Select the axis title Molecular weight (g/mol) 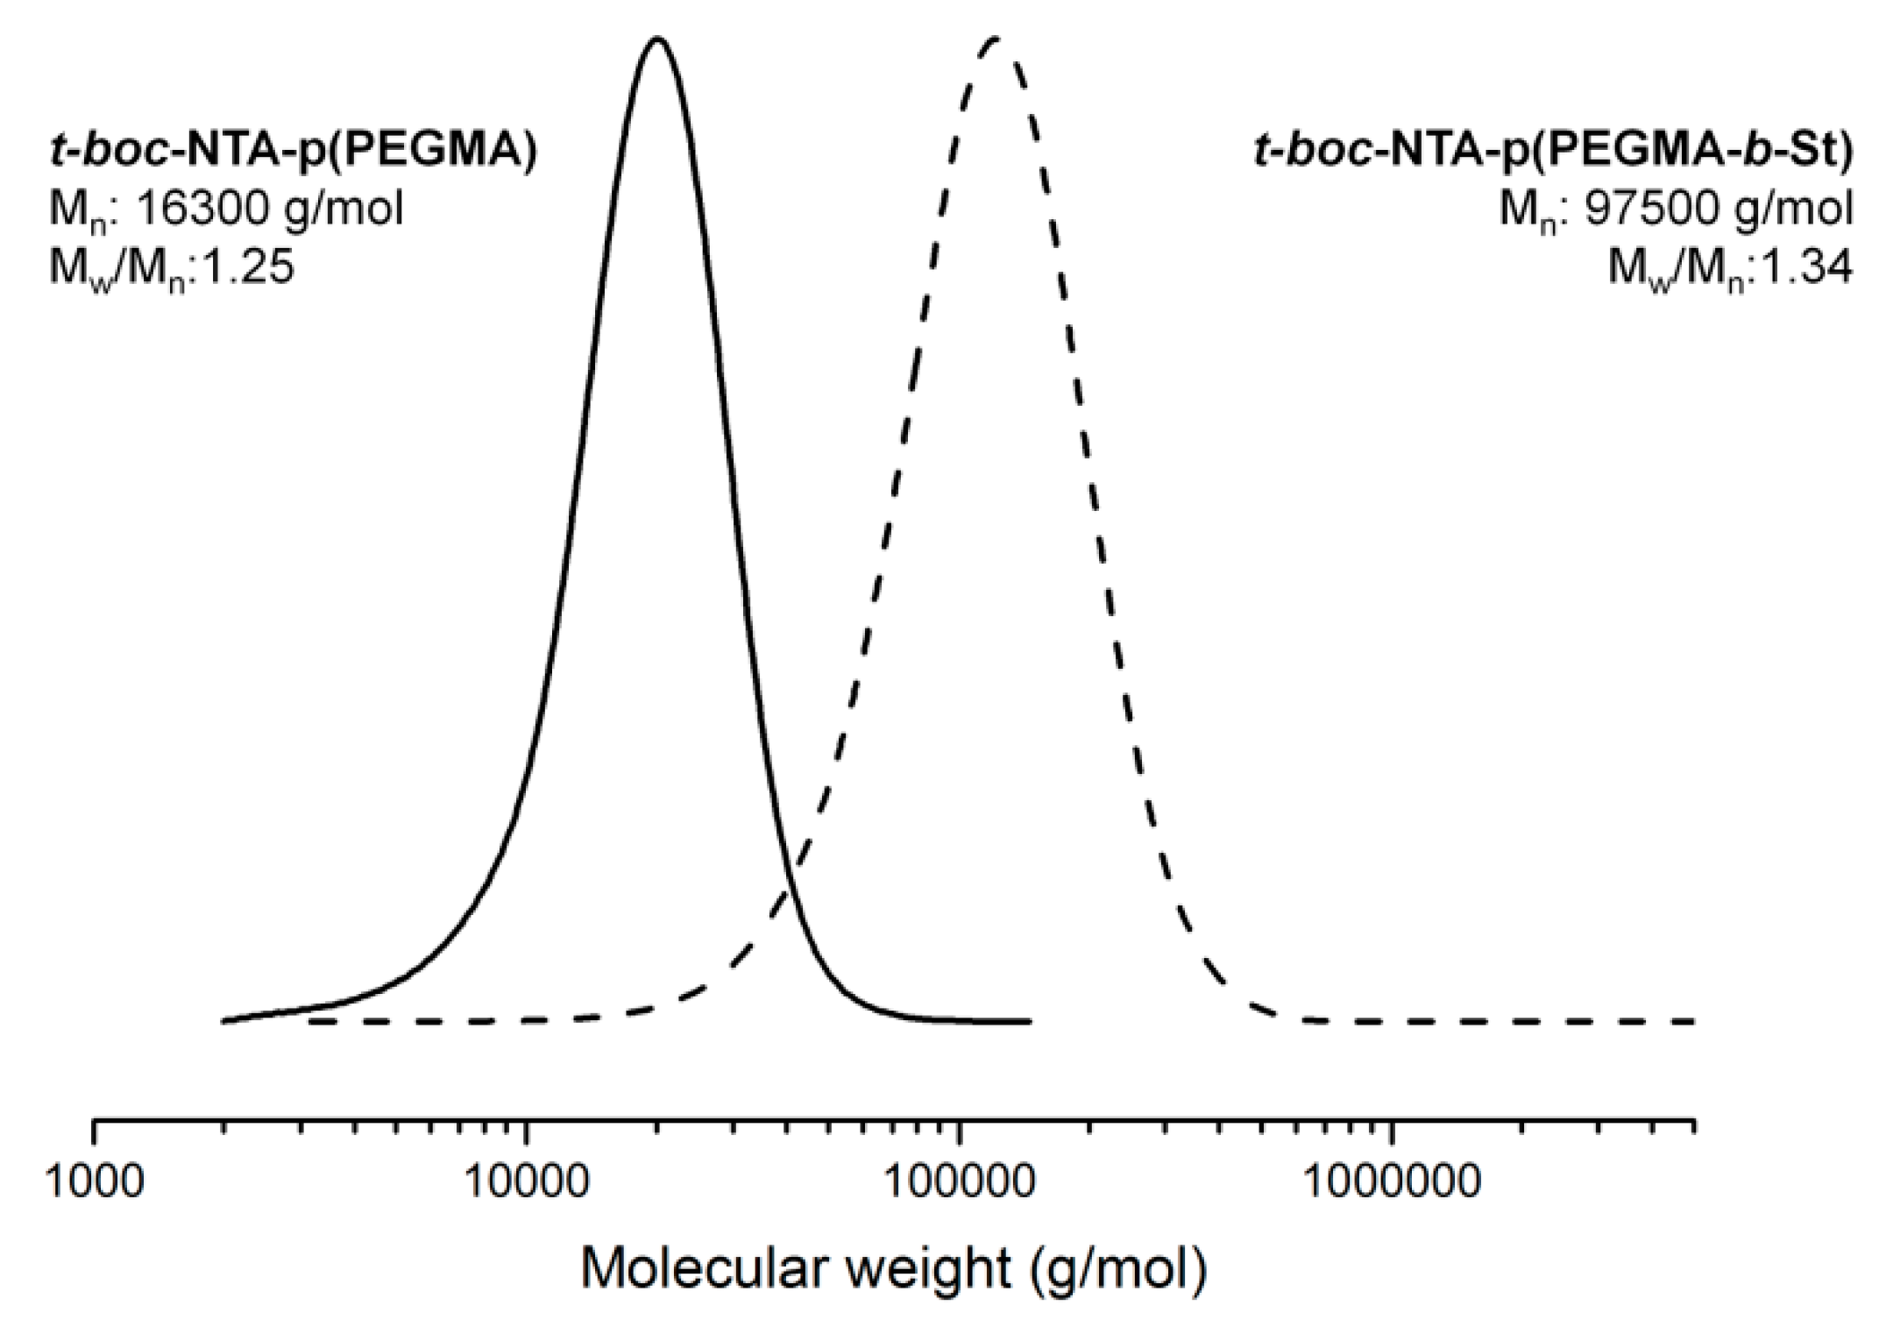click(x=893, y=1267)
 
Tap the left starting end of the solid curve click(x=223, y=1020)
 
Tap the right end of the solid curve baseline click(x=1029, y=1021)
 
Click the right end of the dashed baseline click(x=1693, y=1021)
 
